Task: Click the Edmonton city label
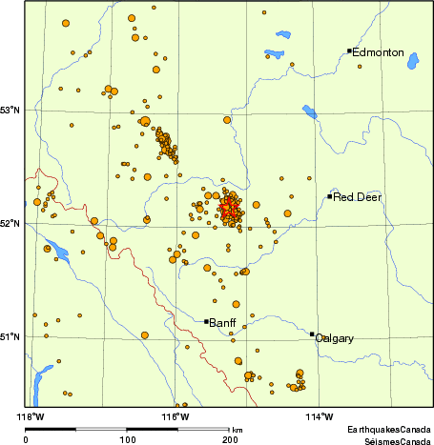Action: (378, 52)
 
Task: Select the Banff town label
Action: (222, 322)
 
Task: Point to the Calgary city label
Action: (335, 338)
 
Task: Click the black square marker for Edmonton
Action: (350, 51)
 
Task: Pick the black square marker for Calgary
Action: (312, 334)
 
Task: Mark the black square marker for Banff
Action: (206, 321)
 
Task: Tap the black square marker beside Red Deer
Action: (329, 196)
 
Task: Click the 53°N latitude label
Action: (10, 111)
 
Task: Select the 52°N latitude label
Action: (10, 224)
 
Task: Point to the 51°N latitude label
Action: (10, 335)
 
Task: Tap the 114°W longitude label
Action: (320, 417)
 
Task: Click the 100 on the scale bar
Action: (127, 439)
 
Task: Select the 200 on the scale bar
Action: (230, 439)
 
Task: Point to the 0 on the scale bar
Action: (26, 439)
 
